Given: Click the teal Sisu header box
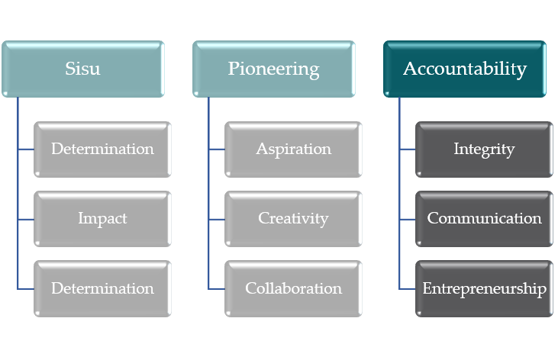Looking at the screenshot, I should (x=82, y=69).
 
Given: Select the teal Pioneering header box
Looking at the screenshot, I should (x=273, y=69).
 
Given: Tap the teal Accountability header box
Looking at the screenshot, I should (x=464, y=69).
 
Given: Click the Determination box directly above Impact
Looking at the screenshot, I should (x=102, y=149).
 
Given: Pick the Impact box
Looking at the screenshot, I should (x=102, y=219).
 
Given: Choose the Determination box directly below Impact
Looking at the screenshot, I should (x=102, y=288).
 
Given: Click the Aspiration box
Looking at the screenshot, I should (x=293, y=149).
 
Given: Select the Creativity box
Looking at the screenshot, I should (x=293, y=219).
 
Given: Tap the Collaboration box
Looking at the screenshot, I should (x=293, y=288).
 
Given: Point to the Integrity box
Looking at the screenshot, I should (x=484, y=149).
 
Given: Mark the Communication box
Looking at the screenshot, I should (x=484, y=219).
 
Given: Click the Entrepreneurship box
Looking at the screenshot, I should (x=484, y=288).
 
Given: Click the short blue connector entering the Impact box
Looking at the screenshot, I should (x=26, y=219).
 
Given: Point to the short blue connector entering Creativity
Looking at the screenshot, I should (x=217, y=219).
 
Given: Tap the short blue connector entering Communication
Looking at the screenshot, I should (x=408, y=219).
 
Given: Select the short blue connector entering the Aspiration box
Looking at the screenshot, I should (x=217, y=149).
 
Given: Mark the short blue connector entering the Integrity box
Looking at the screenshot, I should (x=408, y=149).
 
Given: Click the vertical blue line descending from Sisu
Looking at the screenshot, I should (x=18, y=183).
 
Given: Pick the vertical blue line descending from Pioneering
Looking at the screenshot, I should (x=208, y=183).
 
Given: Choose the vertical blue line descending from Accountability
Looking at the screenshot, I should (x=399, y=183).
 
